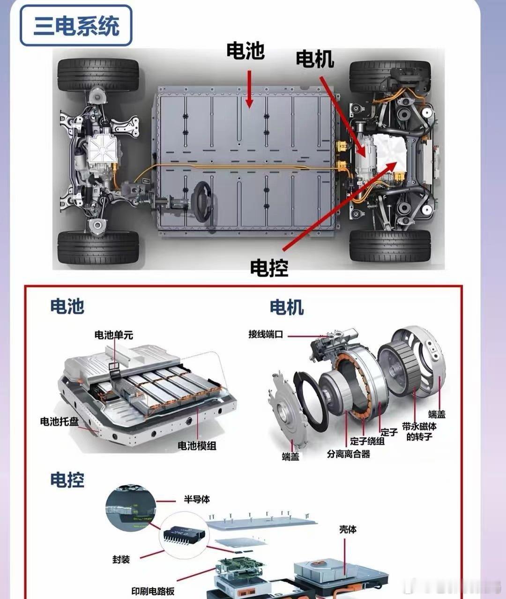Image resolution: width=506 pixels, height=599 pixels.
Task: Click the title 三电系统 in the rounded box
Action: click(76, 26)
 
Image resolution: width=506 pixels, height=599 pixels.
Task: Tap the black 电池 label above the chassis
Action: click(245, 51)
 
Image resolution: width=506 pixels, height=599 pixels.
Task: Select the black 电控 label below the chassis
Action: click(269, 268)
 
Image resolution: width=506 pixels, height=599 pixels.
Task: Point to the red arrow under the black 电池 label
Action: click(249, 89)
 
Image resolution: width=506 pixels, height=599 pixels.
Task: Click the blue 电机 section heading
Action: click(286, 307)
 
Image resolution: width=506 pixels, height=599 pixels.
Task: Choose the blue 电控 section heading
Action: click(67, 480)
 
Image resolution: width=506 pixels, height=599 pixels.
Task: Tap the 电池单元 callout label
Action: click(114, 335)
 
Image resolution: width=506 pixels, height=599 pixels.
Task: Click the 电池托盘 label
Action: click(59, 422)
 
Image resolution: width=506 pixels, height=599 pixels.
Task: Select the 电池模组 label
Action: click(197, 446)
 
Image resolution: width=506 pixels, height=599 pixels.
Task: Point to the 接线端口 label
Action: click(266, 334)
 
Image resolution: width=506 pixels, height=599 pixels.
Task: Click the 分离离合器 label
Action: click(348, 454)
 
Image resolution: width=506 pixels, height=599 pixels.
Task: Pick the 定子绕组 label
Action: click(367, 441)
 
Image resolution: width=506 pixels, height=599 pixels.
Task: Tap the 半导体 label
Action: click(197, 499)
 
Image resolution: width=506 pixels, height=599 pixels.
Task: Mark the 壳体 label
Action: click(348, 529)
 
